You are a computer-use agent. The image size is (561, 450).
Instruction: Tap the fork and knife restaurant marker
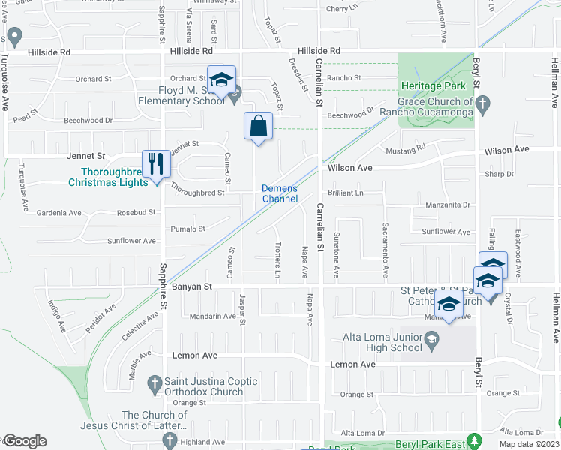pos(155,164)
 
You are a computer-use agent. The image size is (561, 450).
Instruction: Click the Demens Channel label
pos(280,193)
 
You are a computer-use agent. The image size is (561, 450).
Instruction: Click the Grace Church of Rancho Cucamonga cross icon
pos(483,102)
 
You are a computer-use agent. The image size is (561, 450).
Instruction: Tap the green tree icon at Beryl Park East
pos(472,439)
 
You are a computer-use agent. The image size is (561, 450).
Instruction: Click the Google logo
pos(25,441)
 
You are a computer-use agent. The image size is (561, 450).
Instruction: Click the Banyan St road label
pos(193,286)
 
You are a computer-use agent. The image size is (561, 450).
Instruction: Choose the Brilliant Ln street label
pos(346,193)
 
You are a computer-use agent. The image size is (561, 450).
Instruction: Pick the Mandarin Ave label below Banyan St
pos(213,316)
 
